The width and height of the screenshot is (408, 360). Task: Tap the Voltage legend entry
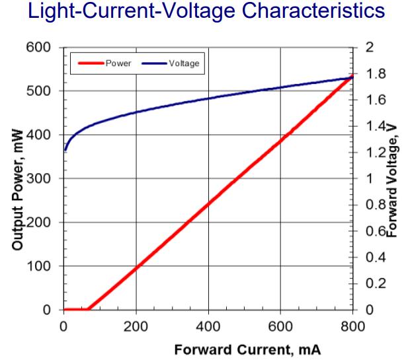click(185, 63)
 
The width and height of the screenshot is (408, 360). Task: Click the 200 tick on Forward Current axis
click(136, 324)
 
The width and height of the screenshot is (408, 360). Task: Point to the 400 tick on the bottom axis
click(208, 324)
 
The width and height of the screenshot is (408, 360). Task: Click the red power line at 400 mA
click(208, 202)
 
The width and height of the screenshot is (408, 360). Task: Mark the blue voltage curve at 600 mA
click(281, 87)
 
